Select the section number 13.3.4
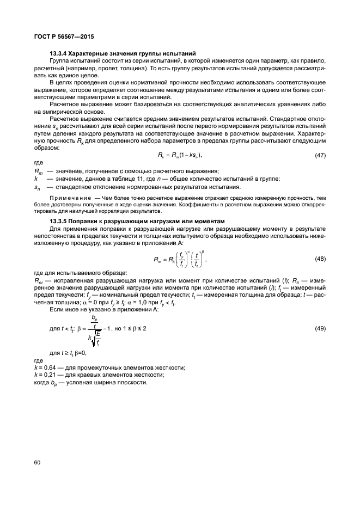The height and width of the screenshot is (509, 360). [62, 53]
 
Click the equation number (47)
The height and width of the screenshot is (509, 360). [320, 155]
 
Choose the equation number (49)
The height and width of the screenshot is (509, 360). [320, 329]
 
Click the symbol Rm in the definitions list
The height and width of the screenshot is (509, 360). [38, 171]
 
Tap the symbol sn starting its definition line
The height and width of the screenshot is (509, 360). [38, 187]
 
